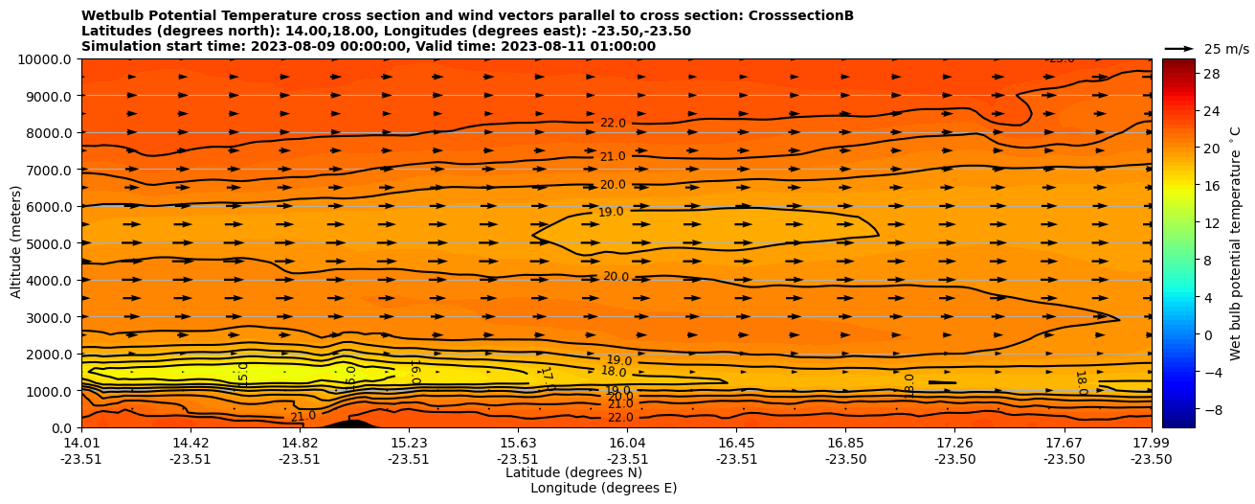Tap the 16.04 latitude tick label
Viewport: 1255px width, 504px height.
(x=627, y=443)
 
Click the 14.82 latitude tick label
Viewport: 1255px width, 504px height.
(x=300, y=443)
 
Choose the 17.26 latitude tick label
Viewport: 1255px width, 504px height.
(x=954, y=443)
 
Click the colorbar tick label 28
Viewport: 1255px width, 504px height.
(x=1210, y=74)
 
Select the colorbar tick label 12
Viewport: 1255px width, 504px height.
(x=1210, y=223)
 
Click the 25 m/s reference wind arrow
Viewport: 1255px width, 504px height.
(x=1179, y=49)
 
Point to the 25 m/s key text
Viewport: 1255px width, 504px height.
(x=1226, y=49)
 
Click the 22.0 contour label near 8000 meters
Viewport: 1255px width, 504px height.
(x=613, y=124)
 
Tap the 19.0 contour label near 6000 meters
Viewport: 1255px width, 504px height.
(x=611, y=212)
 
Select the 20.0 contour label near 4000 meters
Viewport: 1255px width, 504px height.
(x=616, y=277)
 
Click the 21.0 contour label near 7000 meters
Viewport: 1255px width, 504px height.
(x=613, y=157)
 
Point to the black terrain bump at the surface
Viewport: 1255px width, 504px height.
(x=349, y=423)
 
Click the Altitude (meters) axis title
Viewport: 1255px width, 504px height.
(x=16, y=243)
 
